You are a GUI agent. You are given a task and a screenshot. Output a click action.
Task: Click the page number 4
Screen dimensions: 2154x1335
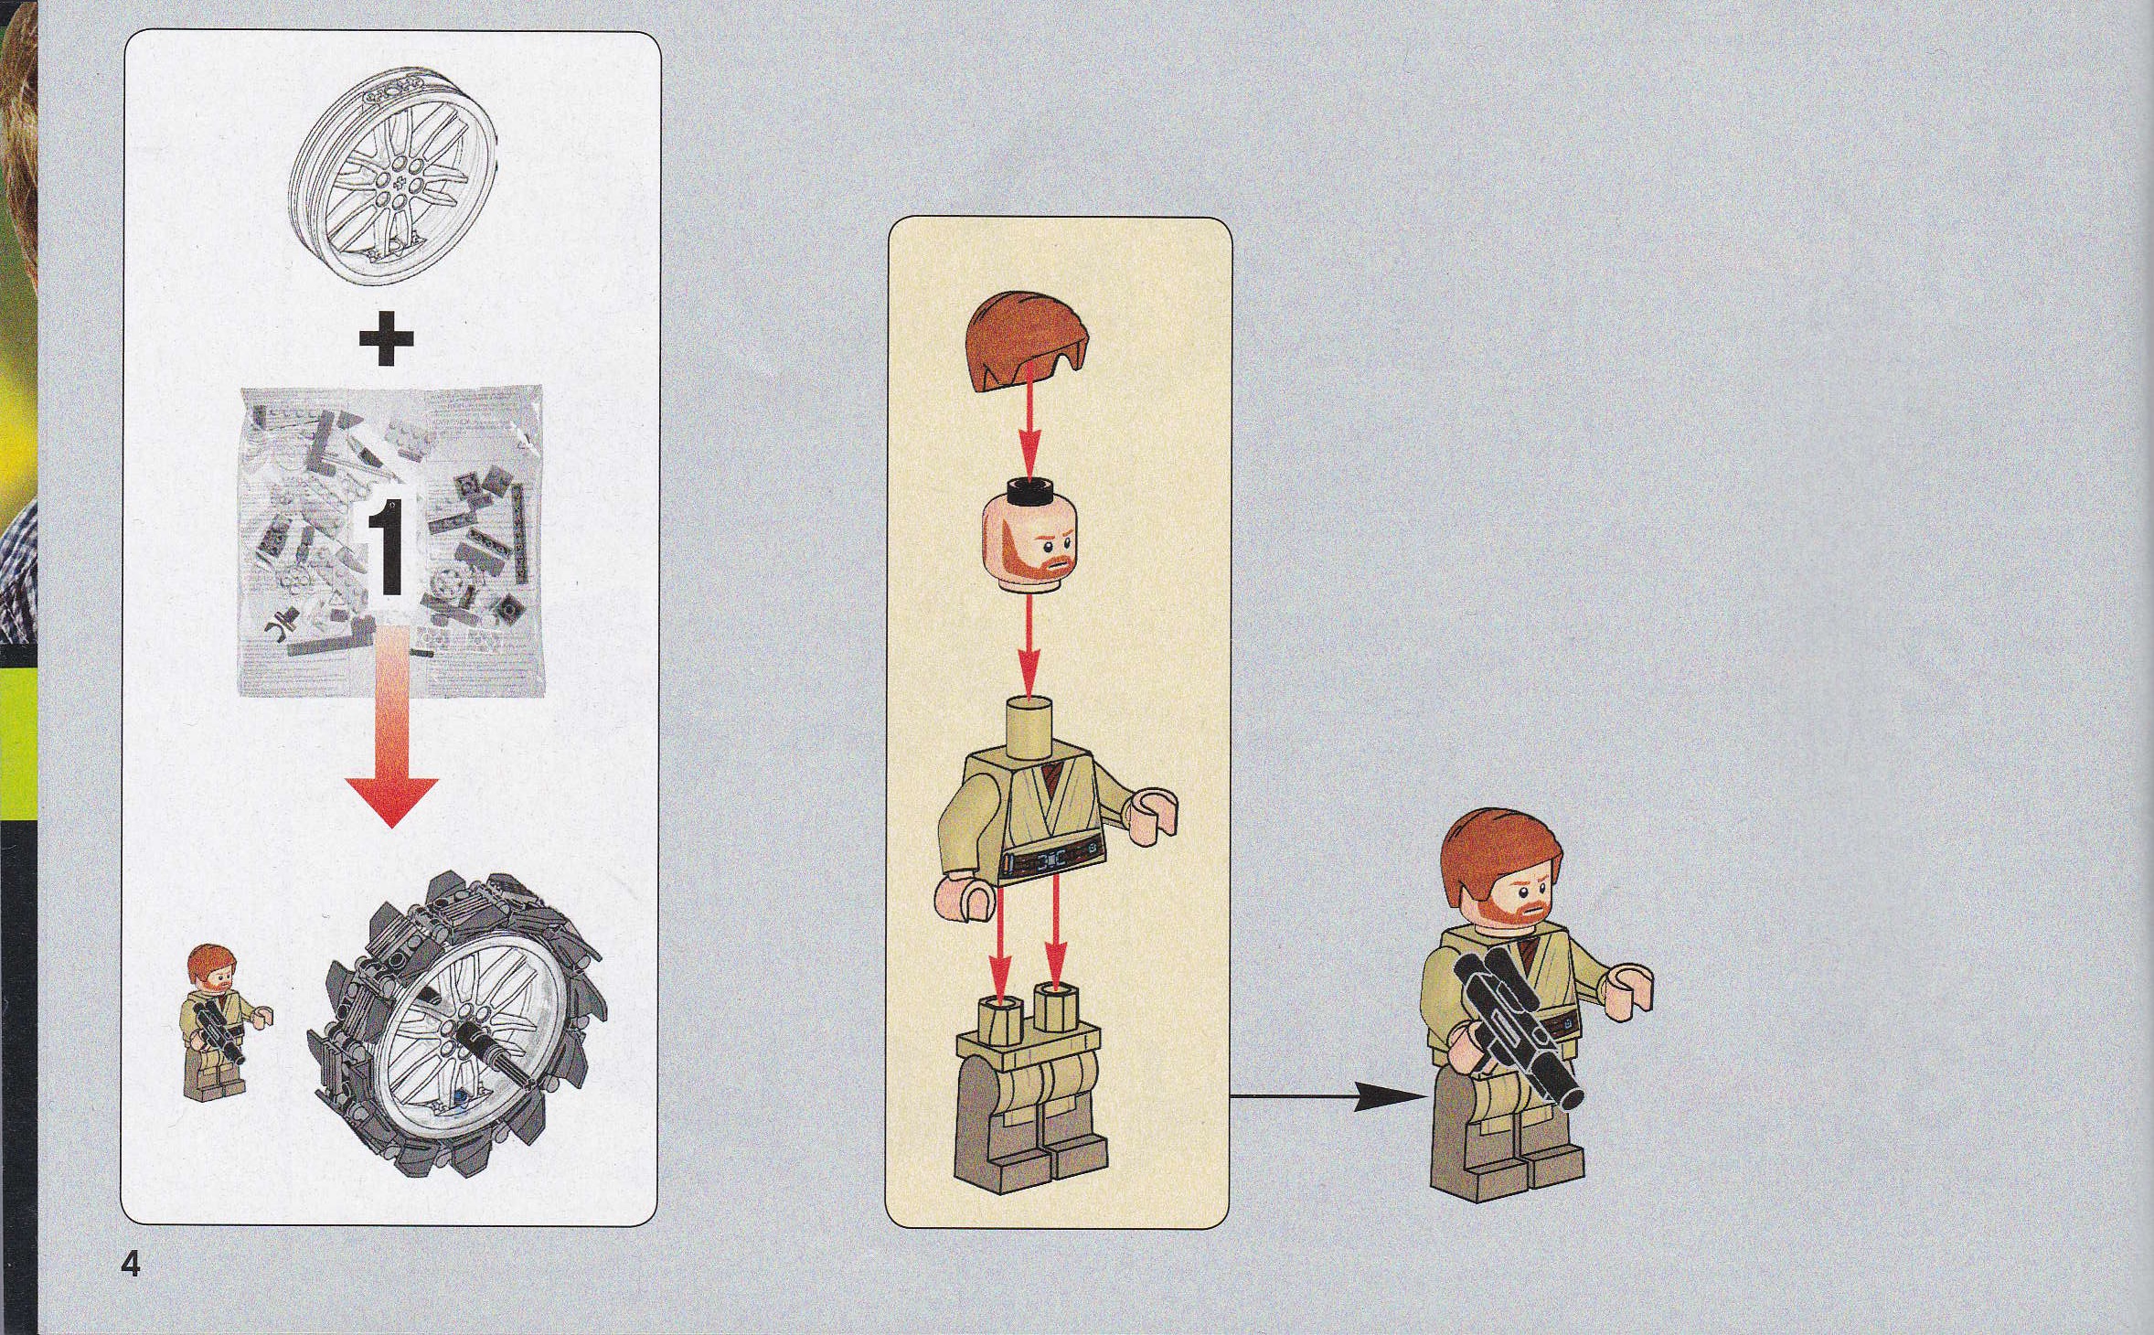coord(131,1266)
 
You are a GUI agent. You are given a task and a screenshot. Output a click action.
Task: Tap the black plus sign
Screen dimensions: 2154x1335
coord(387,338)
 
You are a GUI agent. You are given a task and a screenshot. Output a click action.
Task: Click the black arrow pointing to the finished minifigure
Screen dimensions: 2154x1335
coord(1327,1095)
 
